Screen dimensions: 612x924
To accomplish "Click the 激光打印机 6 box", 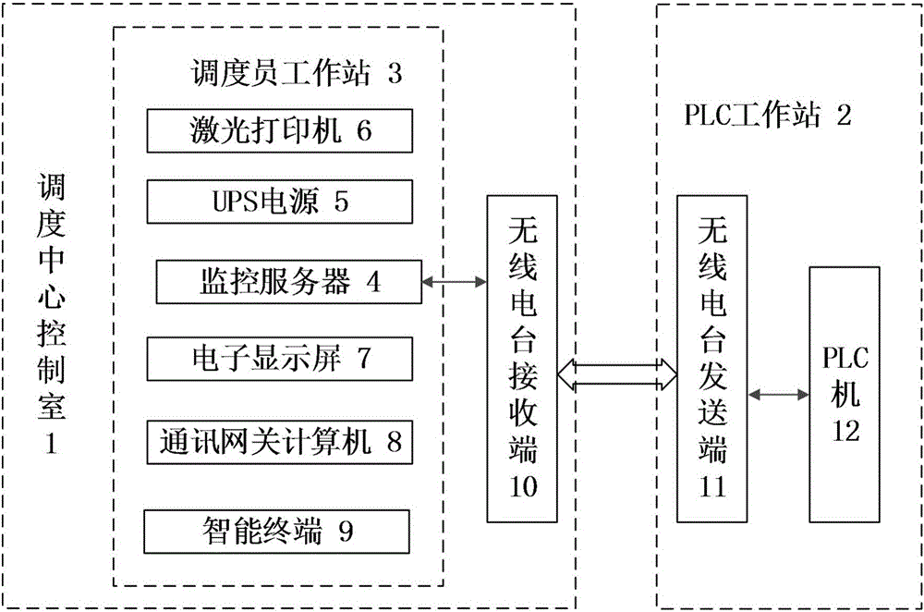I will point(279,131).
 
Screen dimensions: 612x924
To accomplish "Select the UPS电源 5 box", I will point(279,202).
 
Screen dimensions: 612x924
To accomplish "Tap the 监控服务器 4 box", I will point(288,281).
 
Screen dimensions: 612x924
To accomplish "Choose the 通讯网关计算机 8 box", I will point(279,442).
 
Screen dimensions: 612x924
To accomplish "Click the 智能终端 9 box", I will point(276,531).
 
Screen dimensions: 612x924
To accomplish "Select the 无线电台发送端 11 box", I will point(711,359).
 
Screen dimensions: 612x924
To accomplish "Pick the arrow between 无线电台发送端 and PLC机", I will point(778,395).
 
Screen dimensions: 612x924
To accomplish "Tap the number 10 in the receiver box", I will point(523,487).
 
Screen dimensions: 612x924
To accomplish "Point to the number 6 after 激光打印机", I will point(363,131).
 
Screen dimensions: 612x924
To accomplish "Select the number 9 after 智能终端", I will point(346,531).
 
